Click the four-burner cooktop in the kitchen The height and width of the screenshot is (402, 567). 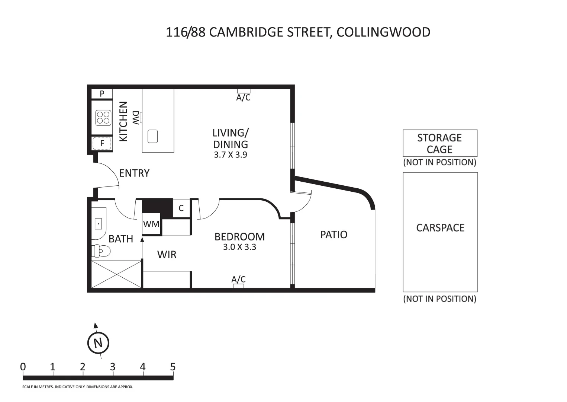point(103,118)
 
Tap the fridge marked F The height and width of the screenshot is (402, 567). point(102,143)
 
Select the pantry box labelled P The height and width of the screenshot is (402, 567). point(102,94)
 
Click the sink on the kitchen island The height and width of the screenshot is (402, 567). point(153,136)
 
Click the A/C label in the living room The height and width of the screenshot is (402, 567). point(243,98)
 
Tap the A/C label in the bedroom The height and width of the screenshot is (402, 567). point(238,279)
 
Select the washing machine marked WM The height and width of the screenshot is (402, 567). point(151,224)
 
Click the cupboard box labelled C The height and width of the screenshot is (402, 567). point(181,208)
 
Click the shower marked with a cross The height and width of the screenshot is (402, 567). point(116,274)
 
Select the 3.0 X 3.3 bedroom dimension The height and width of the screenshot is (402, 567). point(239,247)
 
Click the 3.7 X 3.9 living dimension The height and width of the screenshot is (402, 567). point(231,154)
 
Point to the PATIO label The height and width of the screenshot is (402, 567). point(334,235)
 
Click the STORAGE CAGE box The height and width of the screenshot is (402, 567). point(440,143)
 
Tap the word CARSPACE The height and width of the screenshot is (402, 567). point(440,228)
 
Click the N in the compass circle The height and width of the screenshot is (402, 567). point(98,343)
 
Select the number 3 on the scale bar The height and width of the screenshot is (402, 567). point(113,367)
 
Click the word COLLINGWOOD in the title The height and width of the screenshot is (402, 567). point(383,32)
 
